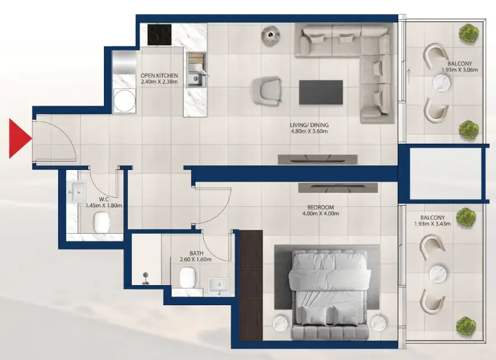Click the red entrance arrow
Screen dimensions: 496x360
pyautogui.click(x=20, y=138)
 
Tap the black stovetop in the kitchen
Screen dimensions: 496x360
pyautogui.click(x=159, y=35)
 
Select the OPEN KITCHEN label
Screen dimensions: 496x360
pyautogui.click(x=159, y=75)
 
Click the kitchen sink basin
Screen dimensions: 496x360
pyautogui.click(x=194, y=79)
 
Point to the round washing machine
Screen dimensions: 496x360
pyautogui.click(x=125, y=100)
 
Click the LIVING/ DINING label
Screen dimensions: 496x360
pyautogui.click(x=309, y=125)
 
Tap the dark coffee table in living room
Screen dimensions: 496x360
pyautogui.click(x=321, y=92)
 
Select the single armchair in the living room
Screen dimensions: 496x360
pyautogui.click(x=266, y=91)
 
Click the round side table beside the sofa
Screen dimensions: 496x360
pyautogui.click(x=271, y=35)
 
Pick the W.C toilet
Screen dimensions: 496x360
pyautogui.click(x=102, y=221)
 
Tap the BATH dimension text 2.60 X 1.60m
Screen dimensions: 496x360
pyautogui.click(x=195, y=259)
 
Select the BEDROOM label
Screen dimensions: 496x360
pyautogui.click(x=321, y=207)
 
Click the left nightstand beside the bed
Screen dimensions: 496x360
pyautogui.click(x=280, y=324)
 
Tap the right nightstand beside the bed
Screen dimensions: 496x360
pyautogui.click(x=379, y=324)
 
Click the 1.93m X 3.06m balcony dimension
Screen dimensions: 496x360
pyautogui.click(x=459, y=70)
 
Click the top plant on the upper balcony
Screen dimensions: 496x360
pyautogui.click(x=469, y=32)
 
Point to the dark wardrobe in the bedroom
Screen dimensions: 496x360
pyautogui.click(x=251, y=285)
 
